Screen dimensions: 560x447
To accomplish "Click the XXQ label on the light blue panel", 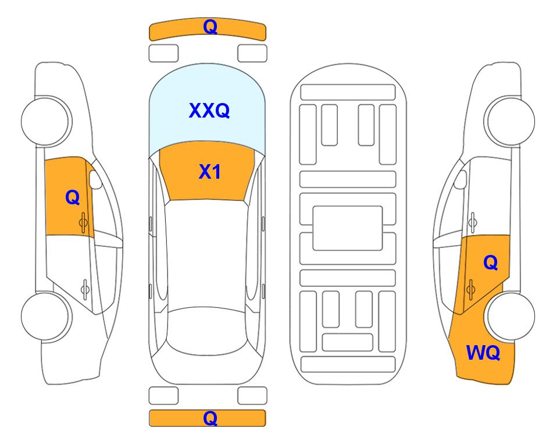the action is tap(209, 111).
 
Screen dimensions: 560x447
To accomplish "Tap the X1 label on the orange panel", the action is tap(210, 172).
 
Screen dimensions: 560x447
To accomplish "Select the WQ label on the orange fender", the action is tap(483, 353).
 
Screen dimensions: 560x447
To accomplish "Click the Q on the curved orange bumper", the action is tap(210, 27).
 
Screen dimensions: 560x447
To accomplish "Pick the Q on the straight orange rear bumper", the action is tap(210, 418).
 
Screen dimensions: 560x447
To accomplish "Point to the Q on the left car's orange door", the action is tap(73, 197).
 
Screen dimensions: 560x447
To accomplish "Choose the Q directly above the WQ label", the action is tap(491, 263).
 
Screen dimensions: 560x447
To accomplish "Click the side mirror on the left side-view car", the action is tap(95, 179).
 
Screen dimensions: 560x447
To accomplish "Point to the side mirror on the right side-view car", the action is tap(461, 179).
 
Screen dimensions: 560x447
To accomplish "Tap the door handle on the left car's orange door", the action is tap(84, 222).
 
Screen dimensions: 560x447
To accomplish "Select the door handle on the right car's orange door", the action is tap(470, 289).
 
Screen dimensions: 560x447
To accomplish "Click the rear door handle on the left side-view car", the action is tap(85, 289).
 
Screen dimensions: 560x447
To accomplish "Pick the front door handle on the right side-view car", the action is tap(472, 222).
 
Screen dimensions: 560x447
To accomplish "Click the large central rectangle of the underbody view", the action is tap(348, 228).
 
